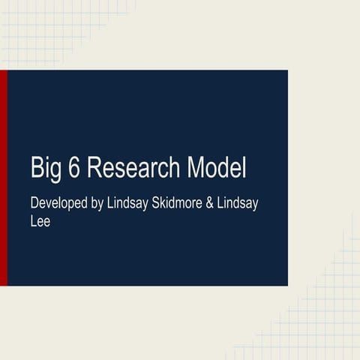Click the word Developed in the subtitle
point(57,204)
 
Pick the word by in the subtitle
point(94,204)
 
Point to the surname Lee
point(40,222)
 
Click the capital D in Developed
point(34,203)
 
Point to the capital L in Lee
point(34,222)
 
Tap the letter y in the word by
point(98,205)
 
